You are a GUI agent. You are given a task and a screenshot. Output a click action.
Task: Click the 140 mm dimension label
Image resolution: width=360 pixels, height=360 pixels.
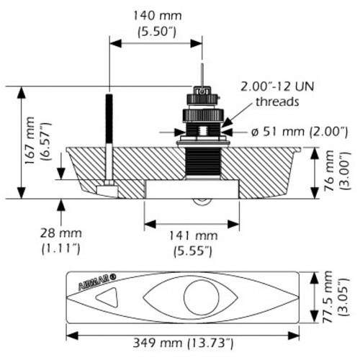click(x=157, y=16)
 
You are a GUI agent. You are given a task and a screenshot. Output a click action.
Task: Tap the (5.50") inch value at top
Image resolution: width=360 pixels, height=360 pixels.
click(x=157, y=31)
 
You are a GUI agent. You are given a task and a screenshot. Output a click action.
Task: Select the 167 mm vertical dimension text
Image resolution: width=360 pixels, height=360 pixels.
click(x=30, y=140)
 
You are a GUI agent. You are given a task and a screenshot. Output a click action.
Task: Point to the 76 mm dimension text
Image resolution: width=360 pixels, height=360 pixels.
click(x=329, y=171)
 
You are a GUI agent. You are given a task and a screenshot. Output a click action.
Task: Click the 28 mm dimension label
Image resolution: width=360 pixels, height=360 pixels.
click(x=61, y=233)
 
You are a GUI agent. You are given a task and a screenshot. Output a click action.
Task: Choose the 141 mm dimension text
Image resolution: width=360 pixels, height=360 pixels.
click(x=194, y=235)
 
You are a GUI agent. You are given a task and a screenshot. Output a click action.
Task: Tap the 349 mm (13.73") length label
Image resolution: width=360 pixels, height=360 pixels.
click(x=183, y=343)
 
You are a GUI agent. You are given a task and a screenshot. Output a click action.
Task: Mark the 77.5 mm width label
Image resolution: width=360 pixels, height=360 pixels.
click(x=327, y=297)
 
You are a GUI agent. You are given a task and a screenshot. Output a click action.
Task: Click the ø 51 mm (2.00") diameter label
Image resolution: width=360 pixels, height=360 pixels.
click(x=300, y=132)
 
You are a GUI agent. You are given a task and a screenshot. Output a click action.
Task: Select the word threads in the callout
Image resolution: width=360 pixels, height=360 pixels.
click(x=277, y=102)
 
